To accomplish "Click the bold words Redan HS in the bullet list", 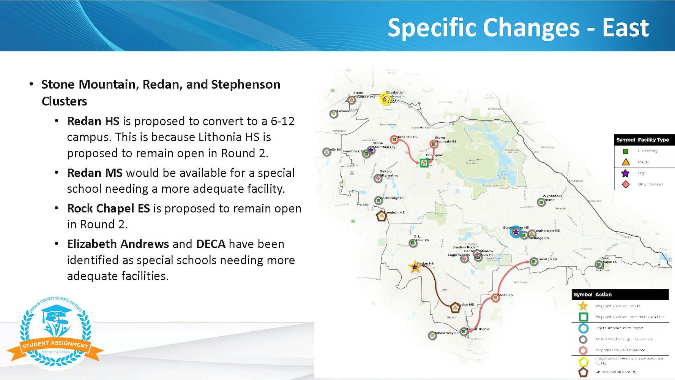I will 93,121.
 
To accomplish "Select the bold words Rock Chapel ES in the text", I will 108,209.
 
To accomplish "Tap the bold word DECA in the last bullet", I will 210,244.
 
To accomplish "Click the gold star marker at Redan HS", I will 415,267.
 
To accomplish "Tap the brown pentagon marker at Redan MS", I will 455,308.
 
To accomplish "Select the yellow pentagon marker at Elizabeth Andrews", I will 385,99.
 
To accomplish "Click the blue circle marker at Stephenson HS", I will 516,232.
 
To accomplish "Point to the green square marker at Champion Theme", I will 424,163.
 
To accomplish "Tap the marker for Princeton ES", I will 534,261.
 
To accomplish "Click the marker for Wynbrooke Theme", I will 541,203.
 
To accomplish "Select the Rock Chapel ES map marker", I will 599,264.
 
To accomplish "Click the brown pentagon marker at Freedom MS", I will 381,216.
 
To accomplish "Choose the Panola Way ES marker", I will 432,336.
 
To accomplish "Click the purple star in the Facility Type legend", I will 625,173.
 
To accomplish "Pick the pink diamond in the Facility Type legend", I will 625,184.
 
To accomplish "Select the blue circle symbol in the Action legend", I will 583,328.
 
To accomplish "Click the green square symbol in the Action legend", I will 583,317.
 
